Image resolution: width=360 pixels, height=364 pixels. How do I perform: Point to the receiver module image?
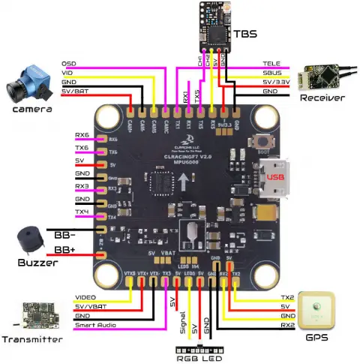click(x=322, y=77)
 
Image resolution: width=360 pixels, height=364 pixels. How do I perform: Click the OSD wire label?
click(x=68, y=63)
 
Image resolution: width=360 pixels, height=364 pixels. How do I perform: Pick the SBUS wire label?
click(x=271, y=73)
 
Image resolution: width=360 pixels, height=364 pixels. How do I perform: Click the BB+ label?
click(x=63, y=248)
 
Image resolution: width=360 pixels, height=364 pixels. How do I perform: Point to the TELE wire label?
click(x=271, y=63)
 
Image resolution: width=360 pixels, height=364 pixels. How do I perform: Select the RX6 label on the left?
click(x=84, y=135)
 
